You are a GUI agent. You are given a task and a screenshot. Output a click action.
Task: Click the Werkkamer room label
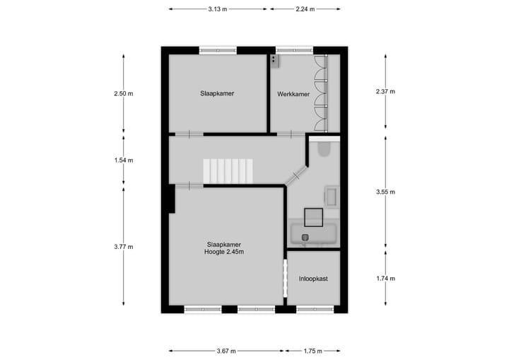coord(293,94)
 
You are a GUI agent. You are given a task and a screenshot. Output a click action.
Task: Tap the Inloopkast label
coord(312,279)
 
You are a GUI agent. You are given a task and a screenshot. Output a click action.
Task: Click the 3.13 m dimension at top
coord(218,9)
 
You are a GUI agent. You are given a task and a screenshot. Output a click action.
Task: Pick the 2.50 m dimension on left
coord(123,93)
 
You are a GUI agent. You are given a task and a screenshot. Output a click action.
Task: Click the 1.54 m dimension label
coord(123,161)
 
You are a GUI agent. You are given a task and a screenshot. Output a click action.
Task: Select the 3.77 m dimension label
coord(123,247)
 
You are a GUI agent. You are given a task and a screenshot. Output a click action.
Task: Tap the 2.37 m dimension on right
coord(385,91)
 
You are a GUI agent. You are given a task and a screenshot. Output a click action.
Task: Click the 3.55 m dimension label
coord(385,192)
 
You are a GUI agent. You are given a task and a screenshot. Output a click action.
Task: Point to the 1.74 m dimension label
coord(385,279)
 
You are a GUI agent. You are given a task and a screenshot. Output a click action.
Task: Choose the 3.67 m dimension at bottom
coord(226,351)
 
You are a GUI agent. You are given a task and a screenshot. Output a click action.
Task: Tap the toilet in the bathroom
coord(324,149)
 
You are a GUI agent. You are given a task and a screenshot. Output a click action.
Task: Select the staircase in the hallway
coord(228,171)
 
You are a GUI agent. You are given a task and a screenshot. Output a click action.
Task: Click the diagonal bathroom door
coord(296,175)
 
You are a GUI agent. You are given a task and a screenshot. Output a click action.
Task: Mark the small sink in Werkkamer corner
coord(274,61)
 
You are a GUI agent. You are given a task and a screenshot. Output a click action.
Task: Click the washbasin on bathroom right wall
coord(332,197)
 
